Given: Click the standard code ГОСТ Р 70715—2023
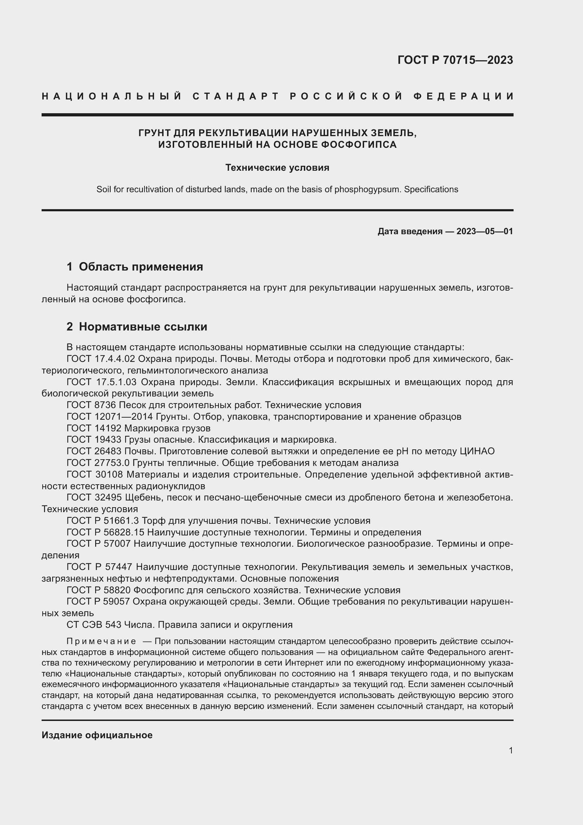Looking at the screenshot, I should coord(455,60).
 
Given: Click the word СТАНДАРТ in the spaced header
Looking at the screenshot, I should coord(235,96).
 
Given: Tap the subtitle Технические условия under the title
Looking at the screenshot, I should coord(277,168).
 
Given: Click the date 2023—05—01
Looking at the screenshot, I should coord(485,231).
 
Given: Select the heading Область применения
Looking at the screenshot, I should coord(141,267).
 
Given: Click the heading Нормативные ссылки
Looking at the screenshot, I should coord(143,327).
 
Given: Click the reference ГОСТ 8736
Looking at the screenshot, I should coord(91,405).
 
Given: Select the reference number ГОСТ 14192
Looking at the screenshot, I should coord(94,428).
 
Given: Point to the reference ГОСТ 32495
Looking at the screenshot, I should coord(94,498).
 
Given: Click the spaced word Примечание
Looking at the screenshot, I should coord(101,641).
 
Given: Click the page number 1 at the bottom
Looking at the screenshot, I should coord(511,750).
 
